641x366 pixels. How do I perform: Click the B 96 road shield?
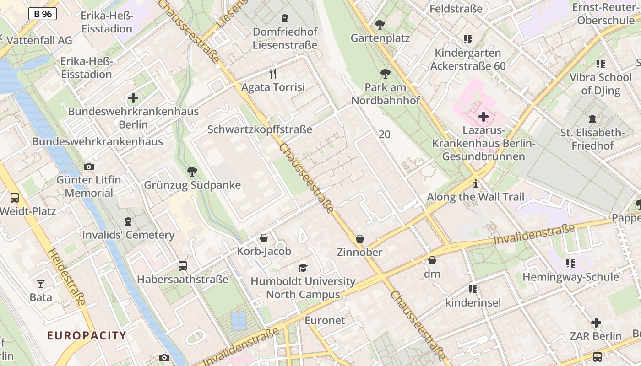pos(43,14)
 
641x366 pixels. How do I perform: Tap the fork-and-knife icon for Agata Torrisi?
pos(273,73)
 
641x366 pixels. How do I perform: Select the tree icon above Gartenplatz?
pos(380,24)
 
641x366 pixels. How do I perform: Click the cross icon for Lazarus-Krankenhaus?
pos(483,117)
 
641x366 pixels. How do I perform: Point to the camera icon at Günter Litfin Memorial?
pos(89,167)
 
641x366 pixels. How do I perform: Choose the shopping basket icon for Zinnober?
pos(360,239)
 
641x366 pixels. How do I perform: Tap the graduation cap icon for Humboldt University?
pos(303,268)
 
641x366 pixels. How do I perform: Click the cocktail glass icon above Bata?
pos(41,284)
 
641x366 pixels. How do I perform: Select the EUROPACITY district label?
pos(87,335)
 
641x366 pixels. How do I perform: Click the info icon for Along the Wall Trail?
pos(476,184)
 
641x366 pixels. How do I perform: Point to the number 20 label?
pos(385,134)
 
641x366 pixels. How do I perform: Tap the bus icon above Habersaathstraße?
pos(182,265)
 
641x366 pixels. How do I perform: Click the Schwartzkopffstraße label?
pos(260,129)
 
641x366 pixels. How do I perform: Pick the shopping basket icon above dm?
pos(432,260)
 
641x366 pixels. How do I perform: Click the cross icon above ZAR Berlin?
pos(596,323)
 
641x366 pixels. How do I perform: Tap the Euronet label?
pos(325,320)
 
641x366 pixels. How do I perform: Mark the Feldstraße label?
pos(456,9)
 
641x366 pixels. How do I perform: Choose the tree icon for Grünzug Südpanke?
pos(192,172)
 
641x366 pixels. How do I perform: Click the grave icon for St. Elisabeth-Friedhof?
pos(592,119)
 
